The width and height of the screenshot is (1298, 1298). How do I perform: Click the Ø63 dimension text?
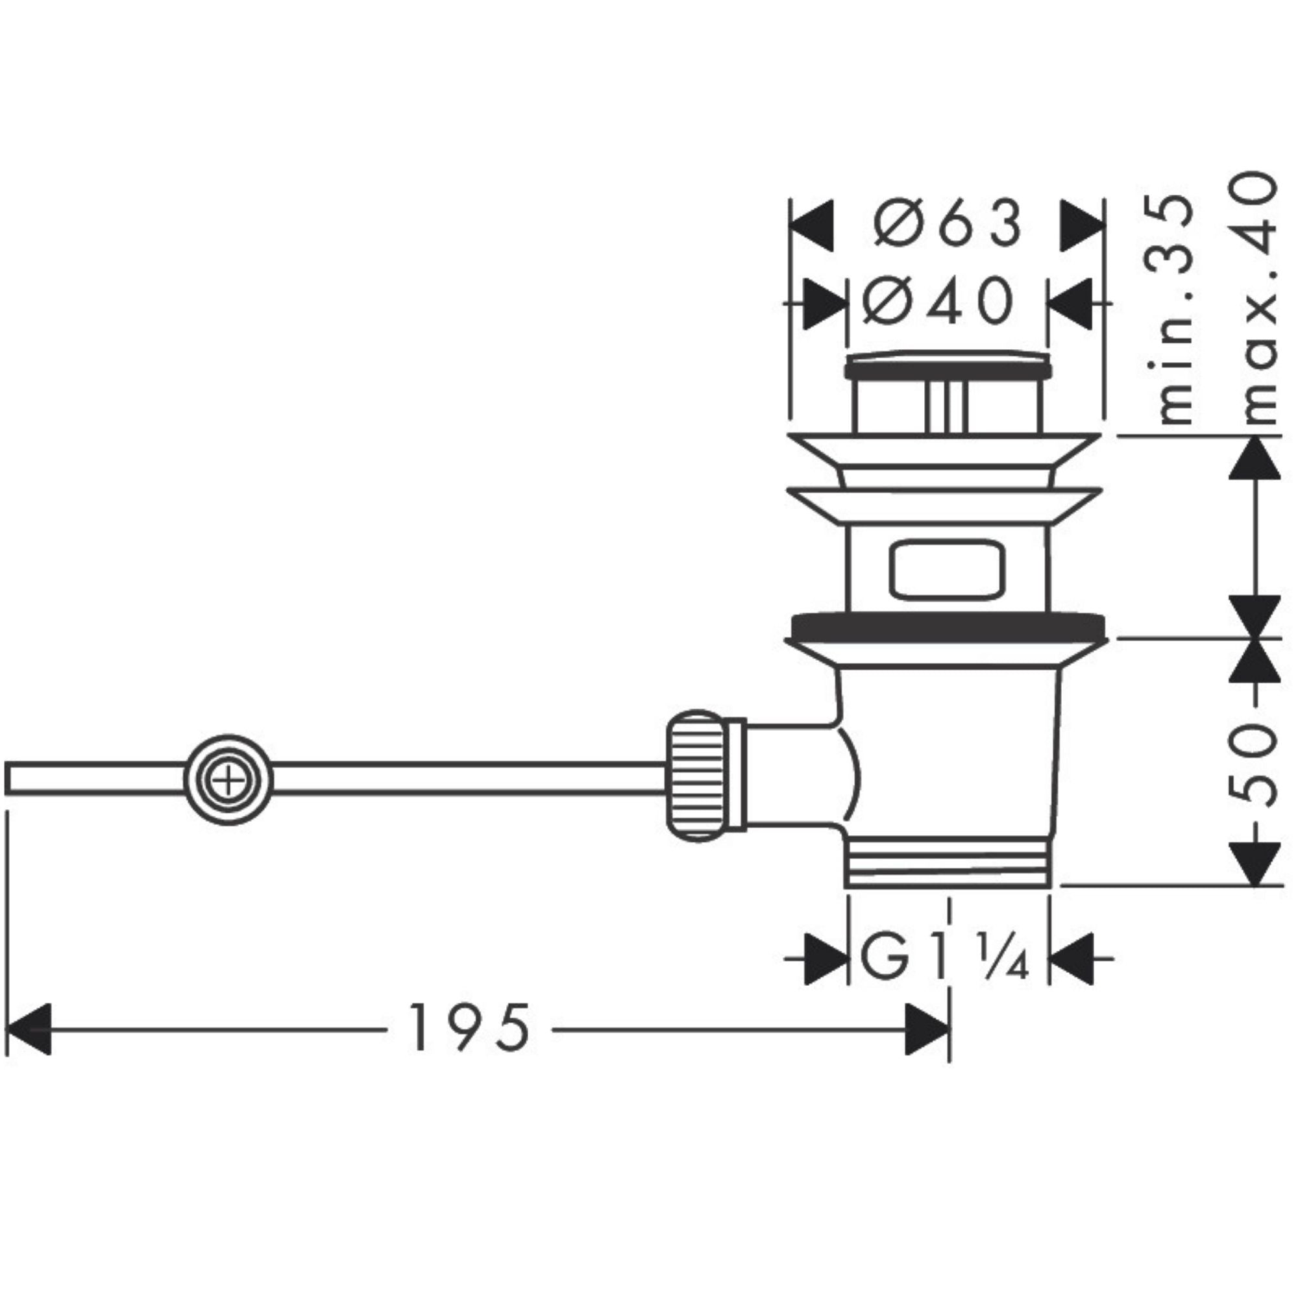click(x=948, y=223)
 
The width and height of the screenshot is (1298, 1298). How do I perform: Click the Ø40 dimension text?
click(x=938, y=301)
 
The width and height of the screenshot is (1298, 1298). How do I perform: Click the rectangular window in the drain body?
click(x=947, y=570)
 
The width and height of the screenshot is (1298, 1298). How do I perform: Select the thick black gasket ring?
click(x=948, y=626)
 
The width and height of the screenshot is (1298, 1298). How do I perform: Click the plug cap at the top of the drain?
click(x=948, y=366)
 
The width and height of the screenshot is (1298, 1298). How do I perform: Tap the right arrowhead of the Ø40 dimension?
click(x=1069, y=304)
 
